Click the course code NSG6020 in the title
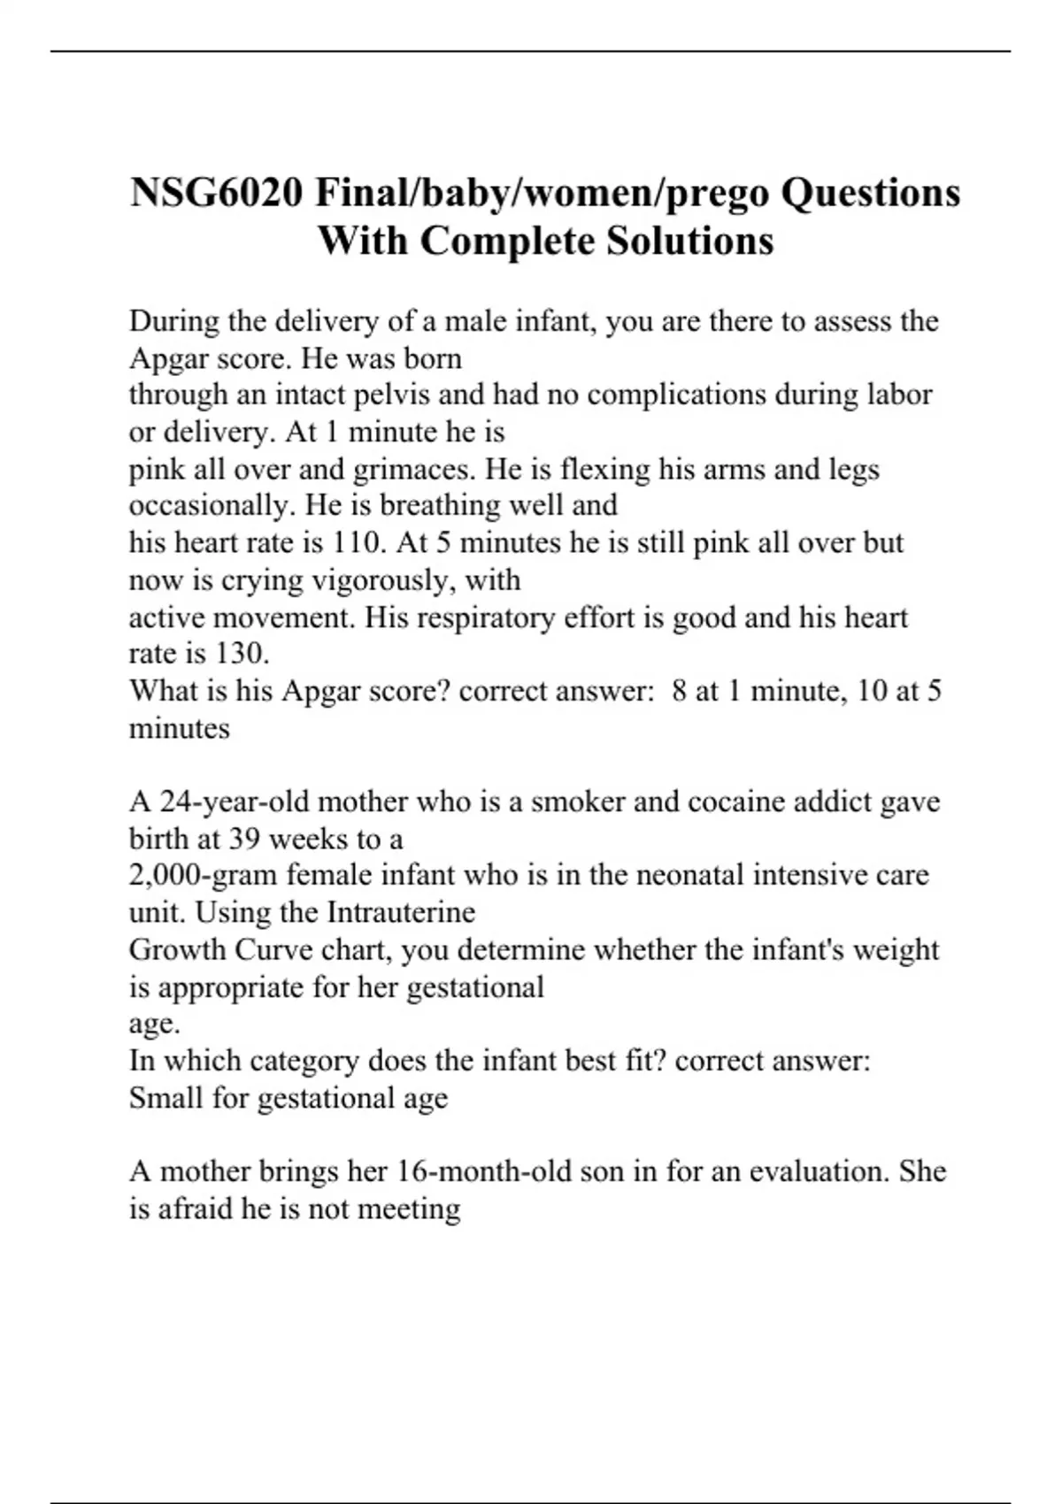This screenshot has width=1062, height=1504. click(216, 193)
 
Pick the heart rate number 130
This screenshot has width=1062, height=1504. click(242, 654)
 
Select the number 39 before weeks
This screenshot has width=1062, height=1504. click(245, 838)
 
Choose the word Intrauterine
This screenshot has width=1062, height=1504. click(401, 912)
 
